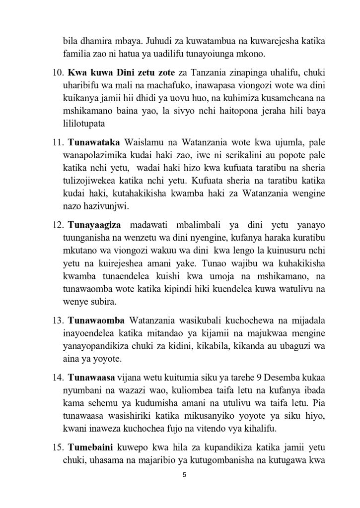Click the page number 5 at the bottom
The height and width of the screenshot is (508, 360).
[x=184, y=475]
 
